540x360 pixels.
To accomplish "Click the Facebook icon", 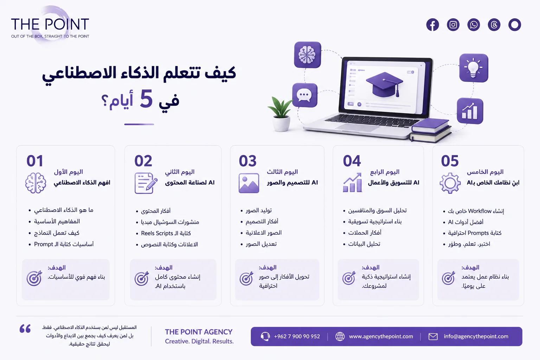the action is [432, 25].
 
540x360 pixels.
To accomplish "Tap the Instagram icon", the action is [453, 25].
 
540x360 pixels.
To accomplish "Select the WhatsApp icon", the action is [474, 25].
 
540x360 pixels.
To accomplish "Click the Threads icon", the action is [494, 25].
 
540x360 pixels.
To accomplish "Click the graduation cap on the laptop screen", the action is [384, 84].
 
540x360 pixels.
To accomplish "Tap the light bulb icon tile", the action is [474, 68].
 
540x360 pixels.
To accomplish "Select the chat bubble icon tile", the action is [304, 95].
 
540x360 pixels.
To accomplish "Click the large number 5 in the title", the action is [146, 99].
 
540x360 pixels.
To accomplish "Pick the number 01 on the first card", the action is [35, 161].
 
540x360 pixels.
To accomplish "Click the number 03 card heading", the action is [247, 161].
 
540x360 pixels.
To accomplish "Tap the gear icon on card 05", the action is [450, 183].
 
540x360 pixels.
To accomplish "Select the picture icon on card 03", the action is [249, 183].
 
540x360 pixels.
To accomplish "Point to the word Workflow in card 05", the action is [480, 211].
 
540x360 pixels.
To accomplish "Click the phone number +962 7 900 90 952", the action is [297, 336].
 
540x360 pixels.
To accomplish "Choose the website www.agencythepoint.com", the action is [381, 336].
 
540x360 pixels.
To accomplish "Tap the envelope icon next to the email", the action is [433, 336].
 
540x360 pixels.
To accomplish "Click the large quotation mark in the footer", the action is [25, 329].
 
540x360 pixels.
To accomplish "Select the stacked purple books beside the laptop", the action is [430, 130].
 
